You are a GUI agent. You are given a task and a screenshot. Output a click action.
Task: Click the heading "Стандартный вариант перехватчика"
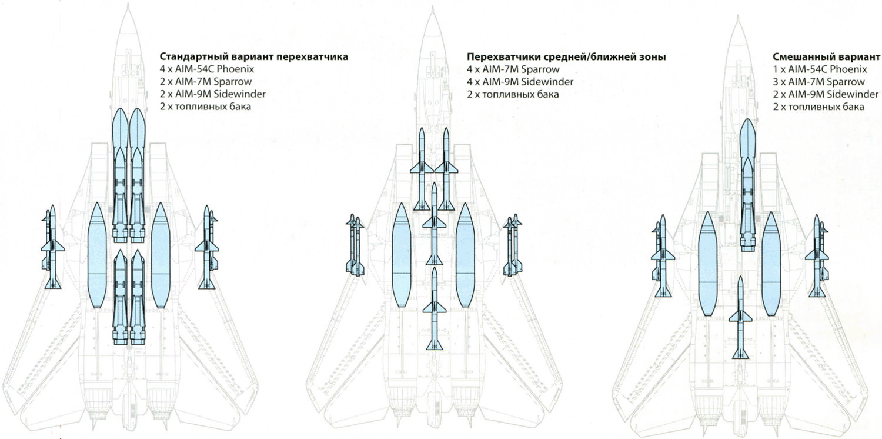click(253, 56)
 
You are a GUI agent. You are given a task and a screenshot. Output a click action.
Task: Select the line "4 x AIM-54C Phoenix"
click(207, 69)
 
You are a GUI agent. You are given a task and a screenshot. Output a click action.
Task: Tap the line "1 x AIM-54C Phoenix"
click(820, 69)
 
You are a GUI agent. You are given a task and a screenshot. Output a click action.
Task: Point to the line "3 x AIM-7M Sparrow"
click(818, 82)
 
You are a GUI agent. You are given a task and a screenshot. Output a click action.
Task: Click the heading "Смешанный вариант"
click(826, 56)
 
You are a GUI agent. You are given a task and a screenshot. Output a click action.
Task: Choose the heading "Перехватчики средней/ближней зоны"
click(567, 56)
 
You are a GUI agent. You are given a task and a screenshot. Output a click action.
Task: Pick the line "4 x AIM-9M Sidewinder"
click(520, 82)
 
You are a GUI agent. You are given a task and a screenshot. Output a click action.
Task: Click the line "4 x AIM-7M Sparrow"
click(513, 69)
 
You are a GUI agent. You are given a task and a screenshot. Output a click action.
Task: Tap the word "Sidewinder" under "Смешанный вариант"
click(853, 94)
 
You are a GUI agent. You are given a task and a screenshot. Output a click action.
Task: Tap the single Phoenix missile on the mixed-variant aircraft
click(747, 185)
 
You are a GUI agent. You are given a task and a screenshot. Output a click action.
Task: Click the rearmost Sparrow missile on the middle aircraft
click(435, 308)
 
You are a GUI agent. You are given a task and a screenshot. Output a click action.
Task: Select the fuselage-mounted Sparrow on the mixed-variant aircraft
click(740, 318)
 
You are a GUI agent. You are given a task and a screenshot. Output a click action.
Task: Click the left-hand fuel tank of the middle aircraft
click(402, 255)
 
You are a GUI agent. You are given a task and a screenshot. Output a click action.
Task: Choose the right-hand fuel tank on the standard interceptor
click(161, 255)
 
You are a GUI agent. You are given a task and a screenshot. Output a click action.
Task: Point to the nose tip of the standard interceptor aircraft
click(128, 4)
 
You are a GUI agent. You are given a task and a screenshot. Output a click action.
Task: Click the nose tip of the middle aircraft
click(432, 6)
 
